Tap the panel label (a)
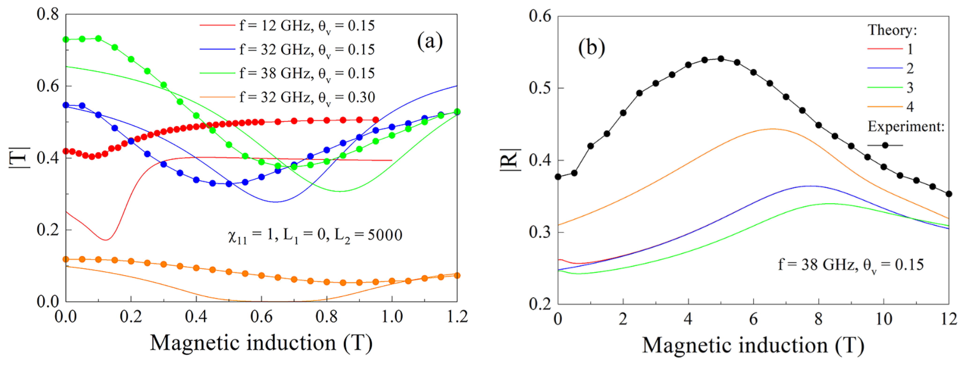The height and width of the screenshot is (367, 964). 430,41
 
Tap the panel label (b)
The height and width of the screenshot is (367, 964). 592,47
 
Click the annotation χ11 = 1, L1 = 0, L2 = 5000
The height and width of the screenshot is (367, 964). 315,236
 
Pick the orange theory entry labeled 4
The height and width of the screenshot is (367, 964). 910,107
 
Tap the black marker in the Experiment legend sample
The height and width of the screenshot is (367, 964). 885,145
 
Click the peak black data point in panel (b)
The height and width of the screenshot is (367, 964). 721,59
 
